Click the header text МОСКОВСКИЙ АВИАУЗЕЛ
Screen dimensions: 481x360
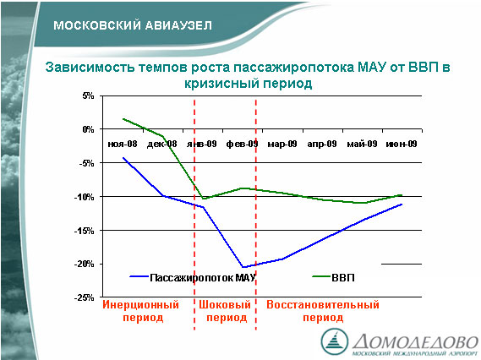(x=133, y=25)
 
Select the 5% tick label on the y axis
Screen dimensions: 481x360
(x=88, y=96)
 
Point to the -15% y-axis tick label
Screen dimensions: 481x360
(x=84, y=231)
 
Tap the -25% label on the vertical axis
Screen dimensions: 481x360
(x=84, y=297)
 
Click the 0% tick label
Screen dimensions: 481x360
(x=88, y=129)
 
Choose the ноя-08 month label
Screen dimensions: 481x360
(x=123, y=144)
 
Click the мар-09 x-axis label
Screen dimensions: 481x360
(x=282, y=144)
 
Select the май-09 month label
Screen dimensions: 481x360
(x=362, y=144)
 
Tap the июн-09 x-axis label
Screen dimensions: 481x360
(x=402, y=144)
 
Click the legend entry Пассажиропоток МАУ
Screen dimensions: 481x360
(x=193, y=277)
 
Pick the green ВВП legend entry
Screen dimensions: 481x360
(x=333, y=277)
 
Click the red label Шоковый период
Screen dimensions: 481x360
(x=226, y=311)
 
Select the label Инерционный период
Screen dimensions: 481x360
(x=141, y=311)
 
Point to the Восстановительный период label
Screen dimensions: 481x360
(x=323, y=311)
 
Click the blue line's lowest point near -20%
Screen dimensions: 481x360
(x=243, y=267)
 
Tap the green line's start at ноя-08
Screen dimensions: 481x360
(x=123, y=118)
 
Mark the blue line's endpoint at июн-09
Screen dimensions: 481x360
(x=402, y=205)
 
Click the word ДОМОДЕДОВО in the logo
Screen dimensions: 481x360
(x=415, y=341)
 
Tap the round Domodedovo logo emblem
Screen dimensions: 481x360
(x=335, y=342)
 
